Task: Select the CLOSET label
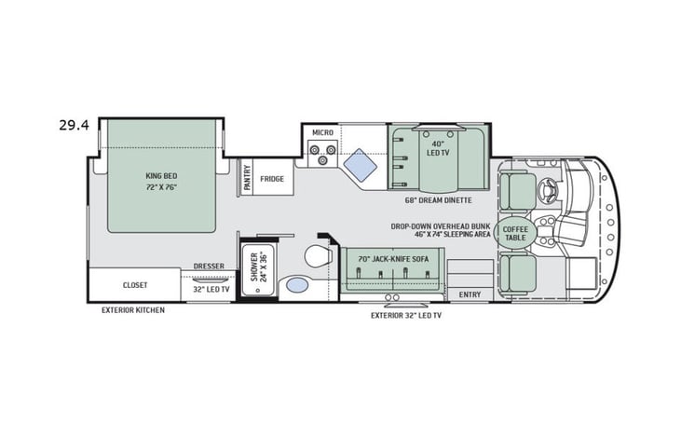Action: point(135,285)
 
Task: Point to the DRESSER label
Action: point(209,266)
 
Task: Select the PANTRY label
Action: point(247,178)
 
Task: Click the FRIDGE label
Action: point(272,178)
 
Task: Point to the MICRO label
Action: point(322,133)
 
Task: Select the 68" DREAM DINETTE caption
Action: point(438,200)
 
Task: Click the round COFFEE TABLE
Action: point(514,233)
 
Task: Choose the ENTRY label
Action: point(470,294)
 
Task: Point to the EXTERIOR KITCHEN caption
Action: point(133,309)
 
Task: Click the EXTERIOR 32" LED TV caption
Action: point(405,316)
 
